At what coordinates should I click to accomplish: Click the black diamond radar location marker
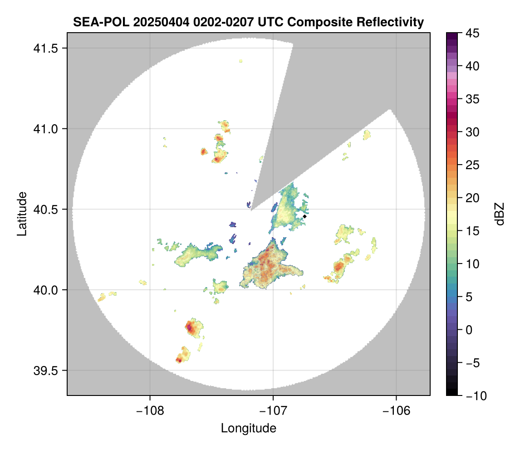305,216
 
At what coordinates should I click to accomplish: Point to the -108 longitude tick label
150,410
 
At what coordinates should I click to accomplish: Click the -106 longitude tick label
397,410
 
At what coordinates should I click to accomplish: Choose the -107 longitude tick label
273,410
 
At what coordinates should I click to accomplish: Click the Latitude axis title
22,213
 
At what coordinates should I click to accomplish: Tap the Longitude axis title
249,428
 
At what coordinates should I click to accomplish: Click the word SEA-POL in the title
94,22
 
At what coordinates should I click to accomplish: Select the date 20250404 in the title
144,22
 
